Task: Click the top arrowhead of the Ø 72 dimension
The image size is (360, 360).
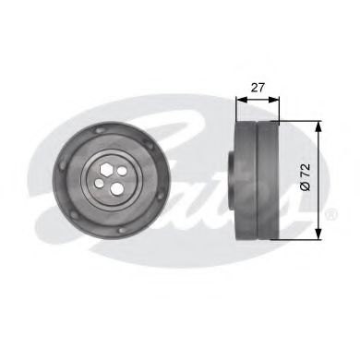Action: tap(318, 126)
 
